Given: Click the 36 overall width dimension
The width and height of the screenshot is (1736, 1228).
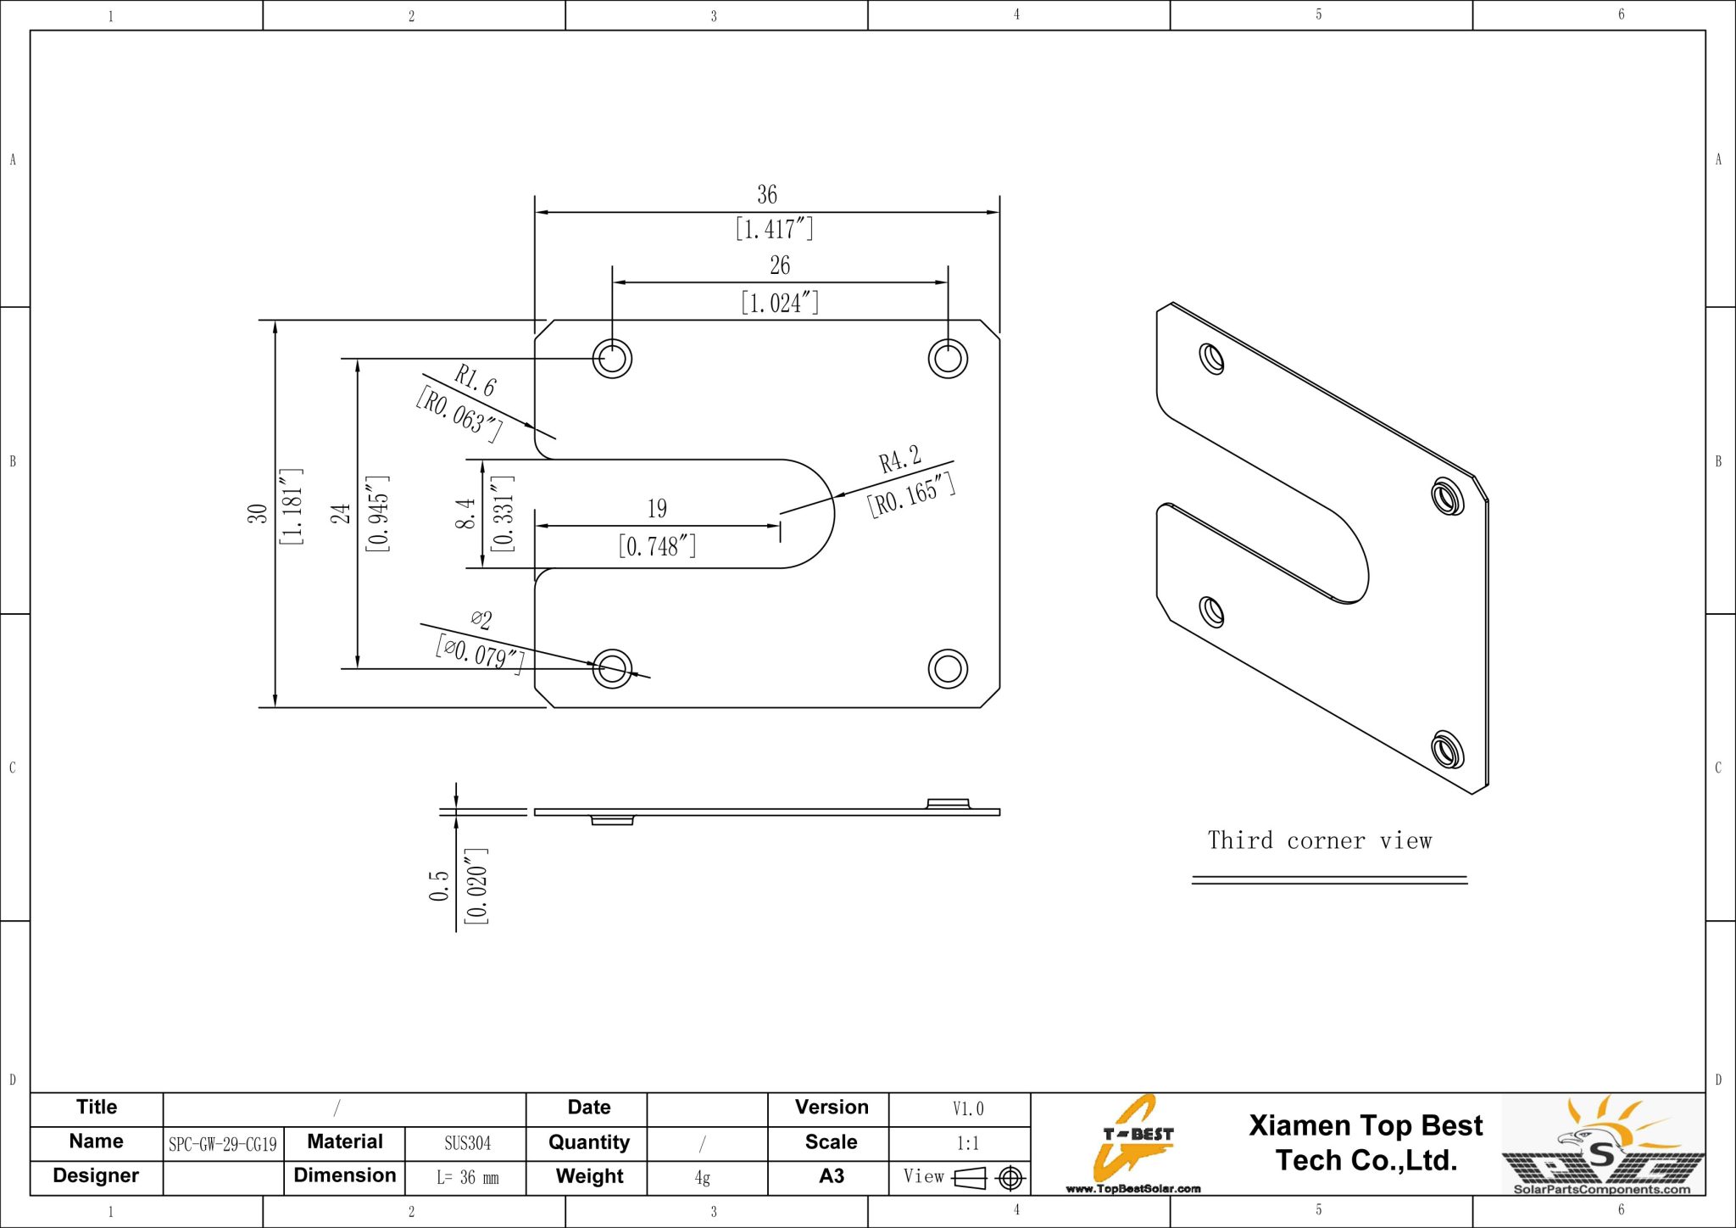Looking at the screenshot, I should pyautogui.click(x=766, y=195).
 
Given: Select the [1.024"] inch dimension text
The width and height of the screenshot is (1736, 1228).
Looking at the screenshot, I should pyautogui.click(x=779, y=303).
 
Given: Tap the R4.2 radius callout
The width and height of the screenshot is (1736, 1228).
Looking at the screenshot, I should pyautogui.click(x=899, y=460).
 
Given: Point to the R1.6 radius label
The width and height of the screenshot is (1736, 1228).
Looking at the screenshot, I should pyautogui.click(x=475, y=381).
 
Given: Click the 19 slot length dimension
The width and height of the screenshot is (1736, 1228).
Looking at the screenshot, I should pyautogui.click(x=657, y=509).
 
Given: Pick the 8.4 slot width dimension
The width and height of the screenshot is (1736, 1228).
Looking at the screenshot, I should pyautogui.click(x=465, y=514).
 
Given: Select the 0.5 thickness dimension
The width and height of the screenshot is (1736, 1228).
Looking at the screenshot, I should pyautogui.click(x=438, y=885).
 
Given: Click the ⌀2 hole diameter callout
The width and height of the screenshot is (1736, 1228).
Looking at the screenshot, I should pyautogui.click(x=481, y=619).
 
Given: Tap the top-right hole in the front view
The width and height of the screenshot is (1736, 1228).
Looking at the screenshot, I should pyautogui.click(x=948, y=358).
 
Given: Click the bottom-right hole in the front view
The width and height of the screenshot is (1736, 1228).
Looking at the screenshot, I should pyautogui.click(x=948, y=668).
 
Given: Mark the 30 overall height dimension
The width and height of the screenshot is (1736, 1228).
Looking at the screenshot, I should pyautogui.click(x=257, y=514).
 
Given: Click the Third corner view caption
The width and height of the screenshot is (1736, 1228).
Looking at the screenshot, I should pyautogui.click(x=1319, y=841).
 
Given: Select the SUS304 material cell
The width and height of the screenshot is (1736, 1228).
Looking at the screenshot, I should pyautogui.click(x=467, y=1143).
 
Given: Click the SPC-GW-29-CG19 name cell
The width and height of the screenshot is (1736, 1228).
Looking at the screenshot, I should pyautogui.click(x=223, y=1144).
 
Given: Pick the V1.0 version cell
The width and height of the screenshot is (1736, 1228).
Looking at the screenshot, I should pyautogui.click(x=967, y=1109).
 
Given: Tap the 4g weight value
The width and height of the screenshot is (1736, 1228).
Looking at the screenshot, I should pyautogui.click(x=702, y=1177).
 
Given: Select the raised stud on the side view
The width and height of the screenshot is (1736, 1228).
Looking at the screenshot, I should pyautogui.click(x=948, y=802).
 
